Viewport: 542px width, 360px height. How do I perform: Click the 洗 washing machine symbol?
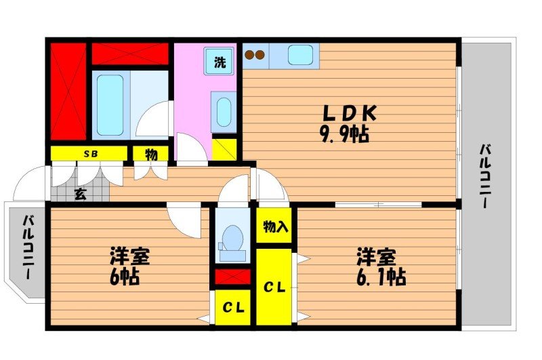[220, 63]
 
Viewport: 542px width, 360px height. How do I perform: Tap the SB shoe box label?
[90, 154]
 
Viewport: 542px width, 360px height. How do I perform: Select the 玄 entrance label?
[80, 195]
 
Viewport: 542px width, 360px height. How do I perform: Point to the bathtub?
[110, 106]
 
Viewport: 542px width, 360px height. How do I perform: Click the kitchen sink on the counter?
[299, 55]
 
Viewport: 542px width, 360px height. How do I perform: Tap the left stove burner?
[249, 55]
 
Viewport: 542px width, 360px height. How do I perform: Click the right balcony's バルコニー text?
[486, 176]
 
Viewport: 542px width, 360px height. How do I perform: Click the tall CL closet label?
[274, 287]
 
